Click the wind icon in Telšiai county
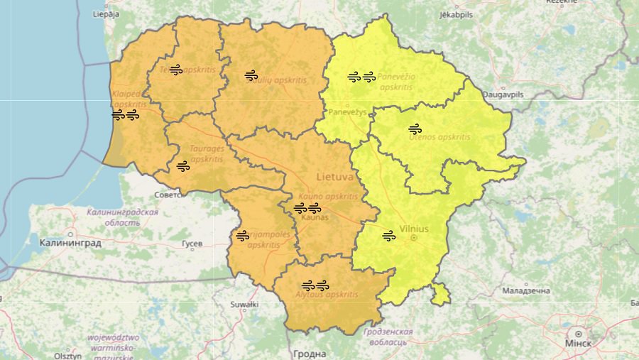pos(176,69)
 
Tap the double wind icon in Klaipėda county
pos(125,114)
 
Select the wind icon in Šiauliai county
pos(251,75)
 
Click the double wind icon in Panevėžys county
pos(361,77)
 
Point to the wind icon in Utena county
pos(415,129)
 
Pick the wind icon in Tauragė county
pos(182,166)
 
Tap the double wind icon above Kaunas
pos(307,208)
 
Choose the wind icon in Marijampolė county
pos(243,235)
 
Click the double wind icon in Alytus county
pos(315,285)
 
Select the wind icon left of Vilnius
pos(388,236)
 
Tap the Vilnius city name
pos(414,229)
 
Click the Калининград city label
pos(70,243)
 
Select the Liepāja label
pos(106,13)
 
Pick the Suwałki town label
pos(244,304)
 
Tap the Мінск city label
pos(579,344)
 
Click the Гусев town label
pos(192,244)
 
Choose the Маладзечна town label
pos(526,291)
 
